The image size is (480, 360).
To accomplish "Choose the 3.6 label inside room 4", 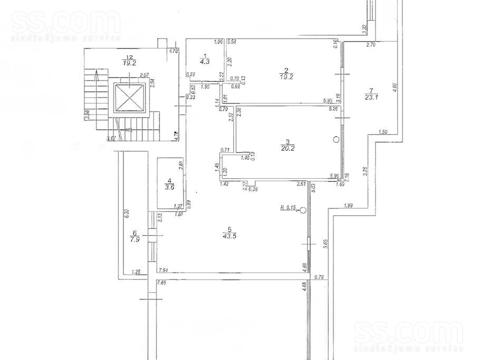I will coord(168,186).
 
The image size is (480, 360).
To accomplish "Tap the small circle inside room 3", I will coord(336,140).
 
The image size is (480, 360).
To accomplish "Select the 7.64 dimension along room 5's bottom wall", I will coord(164,269).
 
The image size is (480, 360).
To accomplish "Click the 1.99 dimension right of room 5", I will coord(348,205).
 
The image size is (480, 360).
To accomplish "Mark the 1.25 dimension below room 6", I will coord(137,272).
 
